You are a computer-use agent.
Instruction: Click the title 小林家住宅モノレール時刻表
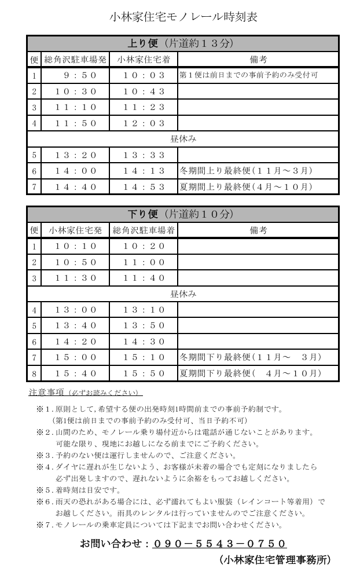183,17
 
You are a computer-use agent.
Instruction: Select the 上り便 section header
183,43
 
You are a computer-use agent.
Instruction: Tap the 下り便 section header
183,214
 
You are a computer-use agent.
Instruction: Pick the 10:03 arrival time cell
144,75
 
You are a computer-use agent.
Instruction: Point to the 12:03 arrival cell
144,123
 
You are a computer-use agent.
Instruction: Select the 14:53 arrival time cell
144,187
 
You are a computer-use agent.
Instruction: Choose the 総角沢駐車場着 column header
144,230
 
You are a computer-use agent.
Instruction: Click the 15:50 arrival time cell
144,373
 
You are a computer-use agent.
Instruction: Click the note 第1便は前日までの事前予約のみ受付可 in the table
249,75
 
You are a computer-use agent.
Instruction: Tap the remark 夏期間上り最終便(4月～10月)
247,187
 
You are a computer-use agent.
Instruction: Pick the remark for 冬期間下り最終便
251,357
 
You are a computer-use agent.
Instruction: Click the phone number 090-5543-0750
220,544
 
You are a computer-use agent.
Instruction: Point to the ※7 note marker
44,525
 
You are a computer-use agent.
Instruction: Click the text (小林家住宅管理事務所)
274,560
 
